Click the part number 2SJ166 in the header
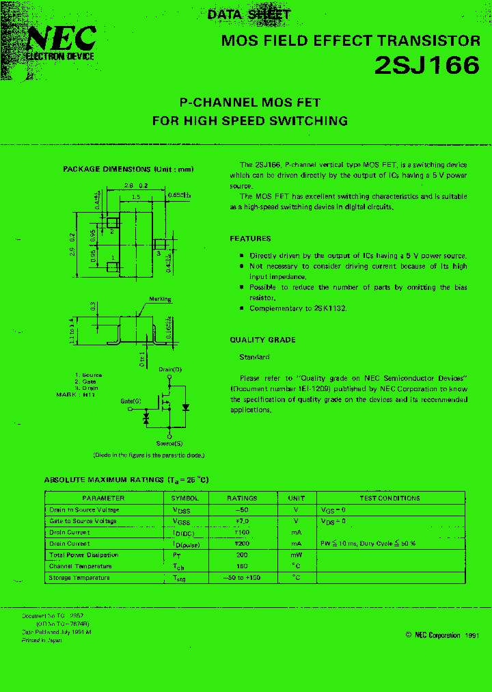pos(426,66)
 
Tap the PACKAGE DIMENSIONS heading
pos(128,169)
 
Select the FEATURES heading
pos(250,239)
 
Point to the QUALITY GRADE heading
pos(262,340)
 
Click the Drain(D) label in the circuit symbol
pos(171,369)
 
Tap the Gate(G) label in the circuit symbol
pos(131,401)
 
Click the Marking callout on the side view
pos(161,300)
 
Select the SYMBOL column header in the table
pos(185,498)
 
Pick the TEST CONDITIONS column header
pos(389,498)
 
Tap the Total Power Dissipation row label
pos(84,555)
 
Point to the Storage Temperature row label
pos(80,578)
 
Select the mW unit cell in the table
pos(296,555)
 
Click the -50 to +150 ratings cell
pos(241,578)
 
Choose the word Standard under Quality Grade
pos(254,357)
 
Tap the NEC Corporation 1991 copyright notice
pos(441,635)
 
